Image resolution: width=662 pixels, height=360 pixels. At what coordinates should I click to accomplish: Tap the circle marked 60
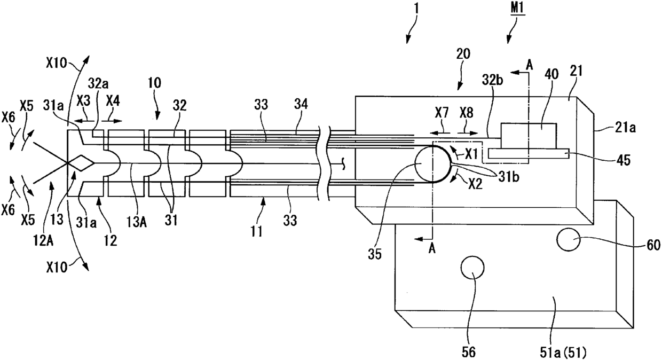tap(569, 240)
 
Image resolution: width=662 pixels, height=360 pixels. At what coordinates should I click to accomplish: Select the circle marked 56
tap(472, 268)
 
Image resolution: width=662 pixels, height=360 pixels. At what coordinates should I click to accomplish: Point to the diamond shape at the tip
tap(81, 163)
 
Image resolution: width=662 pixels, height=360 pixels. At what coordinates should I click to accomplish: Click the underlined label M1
tap(517, 9)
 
